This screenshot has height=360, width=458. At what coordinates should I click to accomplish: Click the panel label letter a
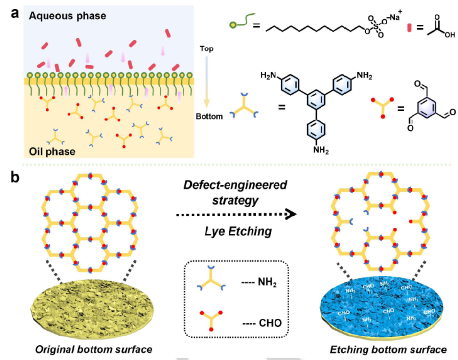click(x=15, y=13)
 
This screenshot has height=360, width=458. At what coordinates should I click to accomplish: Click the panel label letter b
click(x=15, y=177)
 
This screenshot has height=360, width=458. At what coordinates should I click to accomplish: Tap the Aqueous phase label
click(x=68, y=16)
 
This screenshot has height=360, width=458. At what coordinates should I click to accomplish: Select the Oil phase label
click(x=52, y=151)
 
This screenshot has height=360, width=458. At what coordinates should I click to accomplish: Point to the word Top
click(x=206, y=49)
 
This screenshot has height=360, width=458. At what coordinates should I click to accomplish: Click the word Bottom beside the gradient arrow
click(x=209, y=117)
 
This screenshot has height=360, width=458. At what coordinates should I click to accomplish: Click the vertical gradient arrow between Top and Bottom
click(x=206, y=82)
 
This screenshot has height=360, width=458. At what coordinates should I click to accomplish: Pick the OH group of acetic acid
click(x=450, y=35)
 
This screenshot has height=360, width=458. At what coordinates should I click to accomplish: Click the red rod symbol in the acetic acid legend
click(x=409, y=28)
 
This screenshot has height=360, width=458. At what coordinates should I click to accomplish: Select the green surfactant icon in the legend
click(x=242, y=21)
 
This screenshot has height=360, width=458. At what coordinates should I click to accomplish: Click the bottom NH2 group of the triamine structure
click(x=321, y=150)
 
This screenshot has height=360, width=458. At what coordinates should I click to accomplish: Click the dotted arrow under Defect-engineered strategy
click(x=236, y=215)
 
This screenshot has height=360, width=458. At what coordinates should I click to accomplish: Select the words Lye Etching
click(x=238, y=231)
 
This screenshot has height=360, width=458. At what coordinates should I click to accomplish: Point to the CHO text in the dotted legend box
click(x=270, y=323)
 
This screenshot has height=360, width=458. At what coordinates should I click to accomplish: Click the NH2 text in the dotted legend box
click(x=268, y=282)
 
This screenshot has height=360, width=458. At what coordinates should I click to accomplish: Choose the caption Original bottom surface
click(x=93, y=350)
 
